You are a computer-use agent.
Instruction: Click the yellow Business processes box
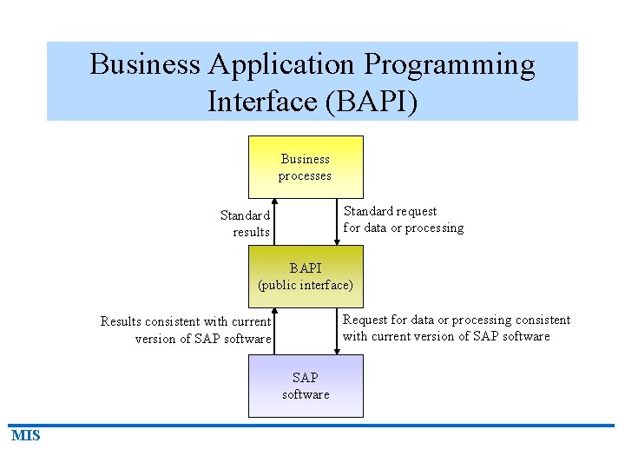tap(306, 167)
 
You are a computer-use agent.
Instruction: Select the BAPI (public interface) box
tap(306, 276)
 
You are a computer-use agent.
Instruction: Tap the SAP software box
tap(306, 386)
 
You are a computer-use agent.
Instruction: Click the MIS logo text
tap(26, 436)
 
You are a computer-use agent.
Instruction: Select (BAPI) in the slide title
tap(371, 102)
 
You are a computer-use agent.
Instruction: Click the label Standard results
tap(246, 223)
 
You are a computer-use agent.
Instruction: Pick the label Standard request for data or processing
tap(403, 220)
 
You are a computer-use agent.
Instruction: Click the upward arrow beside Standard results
tap(273, 221)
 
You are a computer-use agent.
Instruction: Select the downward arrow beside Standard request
tap(338, 221)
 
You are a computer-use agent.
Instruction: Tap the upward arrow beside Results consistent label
tap(273, 331)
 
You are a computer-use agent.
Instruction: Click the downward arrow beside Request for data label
tap(338, 331)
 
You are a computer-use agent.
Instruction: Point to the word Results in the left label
tap(121, 321)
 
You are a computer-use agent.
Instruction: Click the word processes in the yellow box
tap(305, 175)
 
